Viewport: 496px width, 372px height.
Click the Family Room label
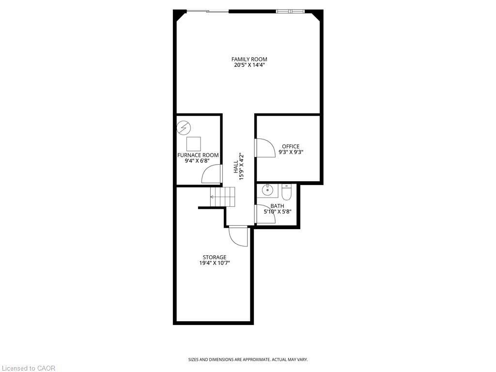[249, 59]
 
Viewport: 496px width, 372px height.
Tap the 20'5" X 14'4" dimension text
[249, 65]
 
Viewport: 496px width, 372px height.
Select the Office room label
[291, 146]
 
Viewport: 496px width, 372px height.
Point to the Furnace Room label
[198, 155]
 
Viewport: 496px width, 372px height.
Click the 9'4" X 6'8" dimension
[198, 161]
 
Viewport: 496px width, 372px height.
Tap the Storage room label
[215, 257]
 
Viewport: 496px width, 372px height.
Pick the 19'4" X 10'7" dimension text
[215, 263]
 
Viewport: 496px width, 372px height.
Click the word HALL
[236, 167]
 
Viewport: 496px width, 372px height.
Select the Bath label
[277, 206]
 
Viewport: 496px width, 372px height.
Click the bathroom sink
[267, 190]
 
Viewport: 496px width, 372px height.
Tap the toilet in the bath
[286, 192]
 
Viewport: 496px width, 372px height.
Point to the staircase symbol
[223, 197]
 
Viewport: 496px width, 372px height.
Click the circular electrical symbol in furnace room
[184, 128]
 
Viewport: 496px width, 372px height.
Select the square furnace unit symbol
[194, 144]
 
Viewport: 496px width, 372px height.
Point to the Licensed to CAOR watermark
[28, 368]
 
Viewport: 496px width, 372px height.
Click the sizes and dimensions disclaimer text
[248, 359]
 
